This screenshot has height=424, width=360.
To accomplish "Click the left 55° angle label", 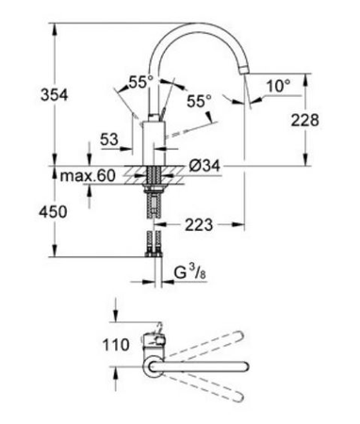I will click(140, 82).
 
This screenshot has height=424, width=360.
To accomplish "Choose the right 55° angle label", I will click(197, 98).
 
